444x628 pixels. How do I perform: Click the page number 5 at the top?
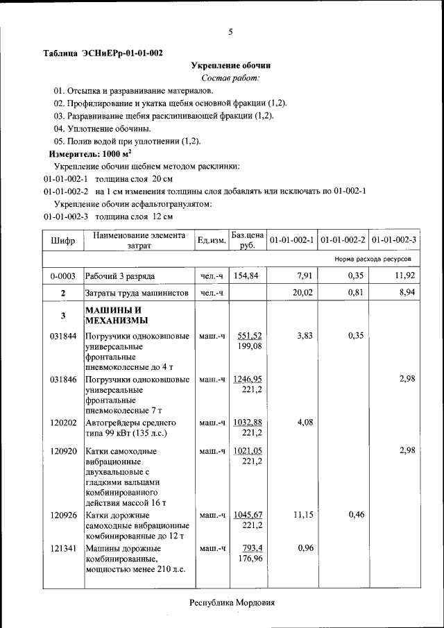tap(230, 32)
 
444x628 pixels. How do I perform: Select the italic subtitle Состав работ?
tap(230, 78)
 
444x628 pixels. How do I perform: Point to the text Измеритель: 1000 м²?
tap(90, 153)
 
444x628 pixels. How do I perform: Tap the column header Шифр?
tap(63, 240)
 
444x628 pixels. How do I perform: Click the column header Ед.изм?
tap(212, 240)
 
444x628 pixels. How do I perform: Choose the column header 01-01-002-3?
tap(393, 240)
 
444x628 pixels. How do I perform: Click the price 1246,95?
tap(248, 380)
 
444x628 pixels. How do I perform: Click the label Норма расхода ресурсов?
tap(373, 259)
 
